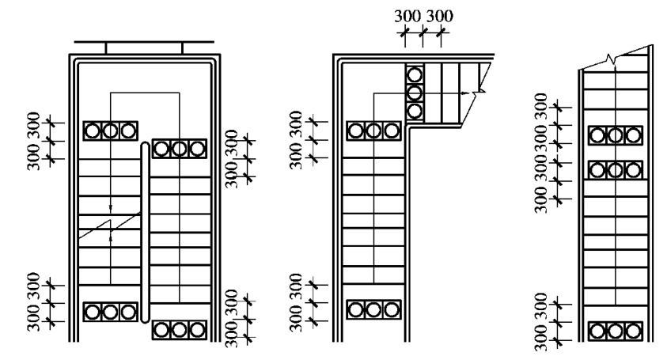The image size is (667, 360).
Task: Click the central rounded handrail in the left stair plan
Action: click(145, 233)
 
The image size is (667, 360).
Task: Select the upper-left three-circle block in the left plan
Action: click(110, 130)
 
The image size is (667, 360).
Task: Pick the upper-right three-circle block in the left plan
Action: click(180, 148)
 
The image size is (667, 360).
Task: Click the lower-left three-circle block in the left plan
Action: click(110, 311)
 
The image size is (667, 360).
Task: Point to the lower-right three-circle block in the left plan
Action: click(180, 329)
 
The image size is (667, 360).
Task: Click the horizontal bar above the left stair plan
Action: click(143, 41)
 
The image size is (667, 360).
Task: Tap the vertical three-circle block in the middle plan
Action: click(415, 93)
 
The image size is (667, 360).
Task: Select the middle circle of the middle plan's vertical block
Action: click(415, 93)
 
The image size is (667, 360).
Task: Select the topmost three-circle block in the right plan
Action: click(616, 136)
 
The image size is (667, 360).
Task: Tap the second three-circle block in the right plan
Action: click(616, 169)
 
